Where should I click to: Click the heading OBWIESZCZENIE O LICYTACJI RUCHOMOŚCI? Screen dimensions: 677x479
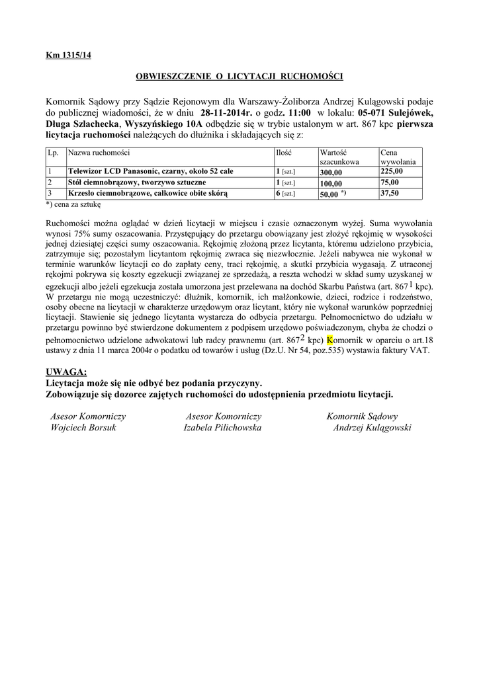(239, 77)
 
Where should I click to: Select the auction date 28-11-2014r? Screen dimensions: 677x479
(226, 112)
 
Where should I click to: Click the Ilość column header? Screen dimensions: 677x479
(284, 152)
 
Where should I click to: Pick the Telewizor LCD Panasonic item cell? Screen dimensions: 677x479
(150, 171)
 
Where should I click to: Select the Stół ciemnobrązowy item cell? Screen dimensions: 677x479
(136, 182)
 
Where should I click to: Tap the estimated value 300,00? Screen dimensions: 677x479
(331, 171)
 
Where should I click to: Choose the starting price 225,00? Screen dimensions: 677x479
(391, 171)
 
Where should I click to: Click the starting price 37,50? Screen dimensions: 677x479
(390, 193)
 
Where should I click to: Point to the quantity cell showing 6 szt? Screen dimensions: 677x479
(285, 193)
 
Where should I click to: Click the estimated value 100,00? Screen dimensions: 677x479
(331, 182)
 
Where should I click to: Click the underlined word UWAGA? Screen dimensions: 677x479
(67, 372)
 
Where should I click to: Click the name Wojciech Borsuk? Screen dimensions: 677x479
(83, 428)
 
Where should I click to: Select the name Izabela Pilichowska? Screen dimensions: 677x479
(222, 428)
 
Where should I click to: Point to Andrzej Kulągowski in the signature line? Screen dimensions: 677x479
(372, 428)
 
